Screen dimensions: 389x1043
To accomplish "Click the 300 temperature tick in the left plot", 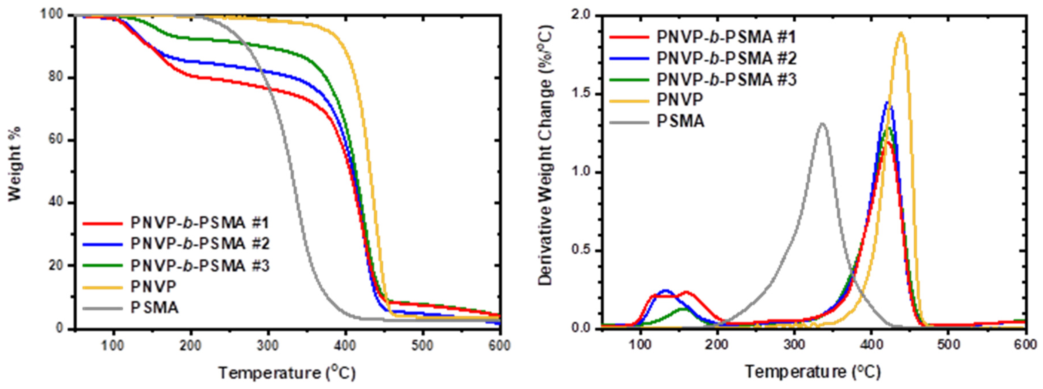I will coord(268,345).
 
